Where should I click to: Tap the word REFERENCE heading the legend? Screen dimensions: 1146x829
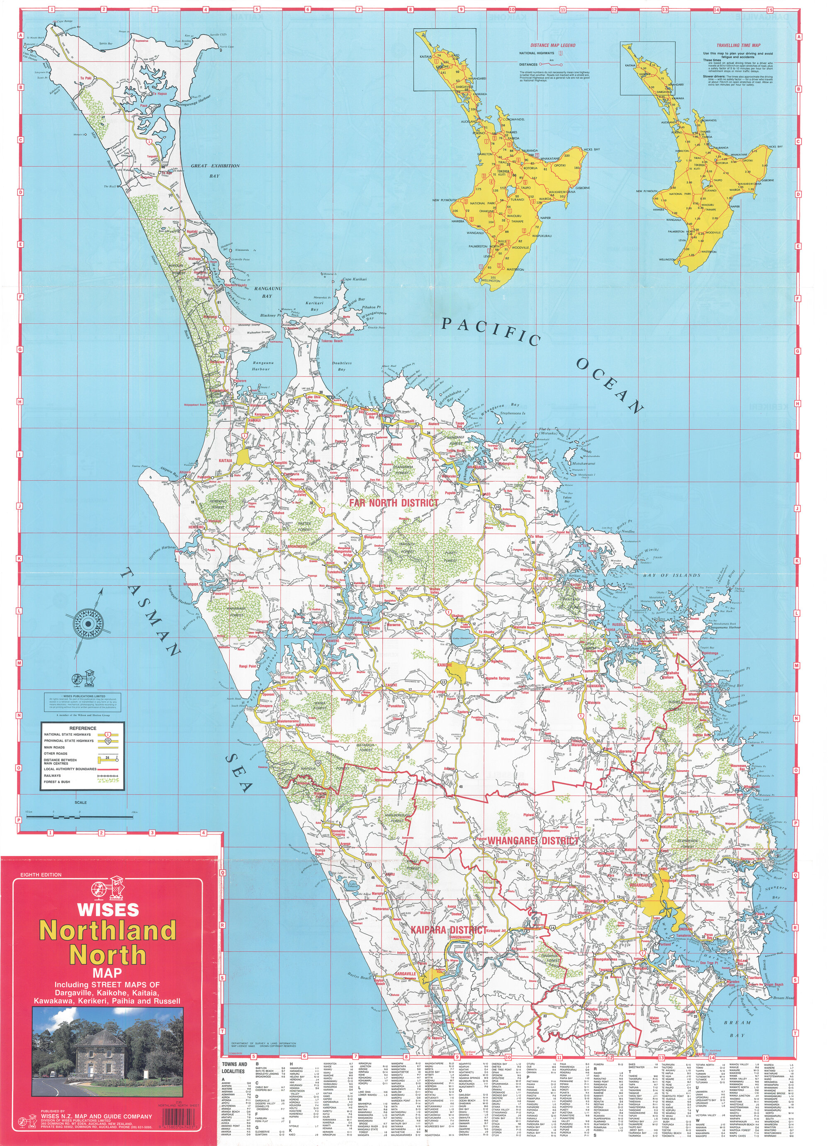[83, 729]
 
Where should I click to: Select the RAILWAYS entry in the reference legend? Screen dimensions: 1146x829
[53, 776]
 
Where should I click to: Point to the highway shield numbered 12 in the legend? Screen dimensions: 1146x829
[108, 741]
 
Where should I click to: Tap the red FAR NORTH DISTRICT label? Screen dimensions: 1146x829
[394, 503]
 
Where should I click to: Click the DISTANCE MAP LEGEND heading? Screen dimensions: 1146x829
[553, 45]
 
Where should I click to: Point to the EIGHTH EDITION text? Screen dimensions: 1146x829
[41, 875]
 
